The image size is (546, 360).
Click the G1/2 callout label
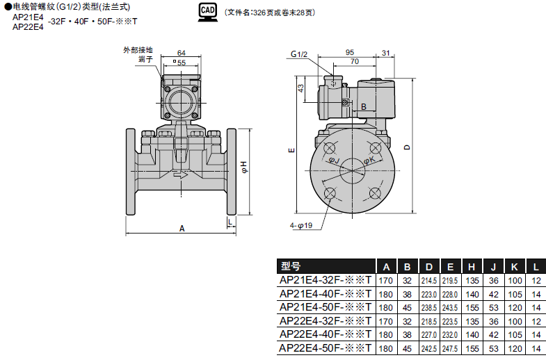point(299,54)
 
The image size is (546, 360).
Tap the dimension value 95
point(349,52)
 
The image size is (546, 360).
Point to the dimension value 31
point(386,52)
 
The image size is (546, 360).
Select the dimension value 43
point(301,88)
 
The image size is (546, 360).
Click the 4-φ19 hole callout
point(301,225)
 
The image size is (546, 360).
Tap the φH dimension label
point(243,166)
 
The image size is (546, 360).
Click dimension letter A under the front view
point(182,228)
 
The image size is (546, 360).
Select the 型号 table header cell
point(291,266)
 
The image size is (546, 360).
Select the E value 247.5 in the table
point(450,347)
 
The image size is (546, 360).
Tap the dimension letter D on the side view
point(408,147)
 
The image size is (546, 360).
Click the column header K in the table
point(514,266)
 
